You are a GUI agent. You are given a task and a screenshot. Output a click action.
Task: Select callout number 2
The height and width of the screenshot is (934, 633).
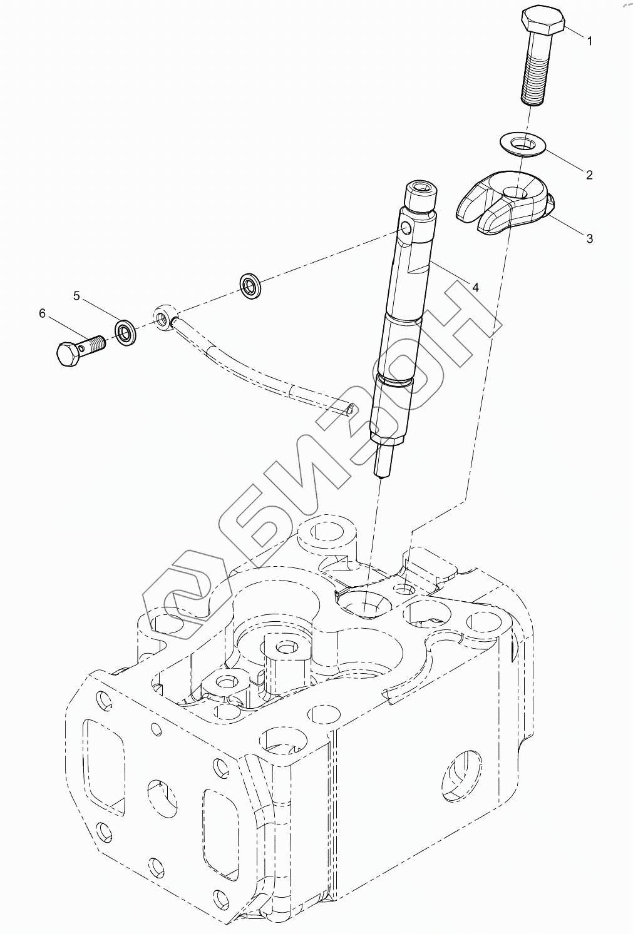click(589, 175)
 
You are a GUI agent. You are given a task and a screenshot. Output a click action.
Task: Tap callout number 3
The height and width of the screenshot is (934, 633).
click(589, 238)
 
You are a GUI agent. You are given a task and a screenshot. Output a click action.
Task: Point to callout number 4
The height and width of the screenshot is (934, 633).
click(475, 287)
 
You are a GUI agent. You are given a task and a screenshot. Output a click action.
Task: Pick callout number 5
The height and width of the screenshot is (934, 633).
click(76, 296)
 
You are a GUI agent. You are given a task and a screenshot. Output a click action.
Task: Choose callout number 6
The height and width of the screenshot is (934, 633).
click(43, 313)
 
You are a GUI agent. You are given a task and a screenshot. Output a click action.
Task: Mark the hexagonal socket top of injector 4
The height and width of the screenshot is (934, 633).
click(419, 187)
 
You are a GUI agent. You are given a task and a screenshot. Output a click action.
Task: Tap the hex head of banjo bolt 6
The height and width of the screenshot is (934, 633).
click(68, 355)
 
